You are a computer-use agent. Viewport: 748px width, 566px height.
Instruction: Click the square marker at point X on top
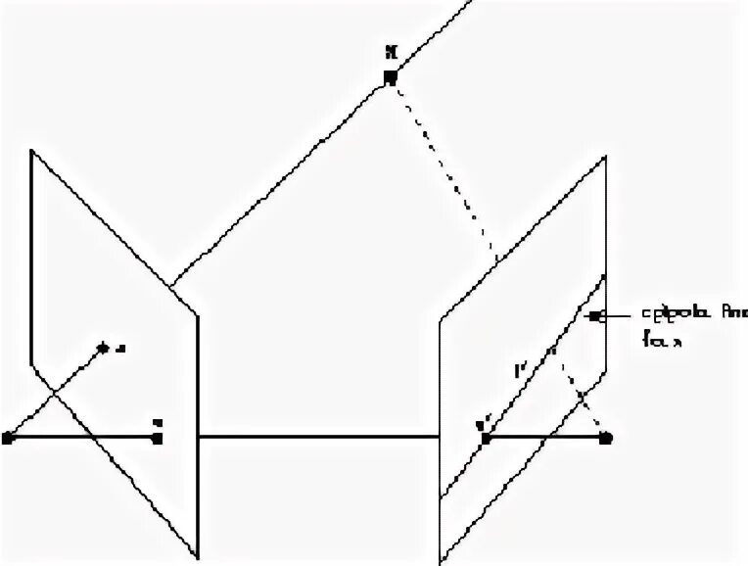[390, 77]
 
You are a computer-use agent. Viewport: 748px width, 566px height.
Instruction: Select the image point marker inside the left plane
[103, 347]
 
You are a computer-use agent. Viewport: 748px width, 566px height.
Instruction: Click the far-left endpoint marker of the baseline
[8, 437]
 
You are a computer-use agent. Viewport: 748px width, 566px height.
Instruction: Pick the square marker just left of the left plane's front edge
[157, 437]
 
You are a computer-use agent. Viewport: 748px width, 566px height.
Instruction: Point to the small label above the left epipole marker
[158, 422]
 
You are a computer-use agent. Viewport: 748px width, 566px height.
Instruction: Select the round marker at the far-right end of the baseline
[606, 437]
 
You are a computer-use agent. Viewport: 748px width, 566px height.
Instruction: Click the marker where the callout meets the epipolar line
[594, 316]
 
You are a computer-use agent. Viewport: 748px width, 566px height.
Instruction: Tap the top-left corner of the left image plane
[32, 150]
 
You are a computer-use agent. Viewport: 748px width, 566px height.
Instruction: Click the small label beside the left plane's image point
[119, 347]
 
